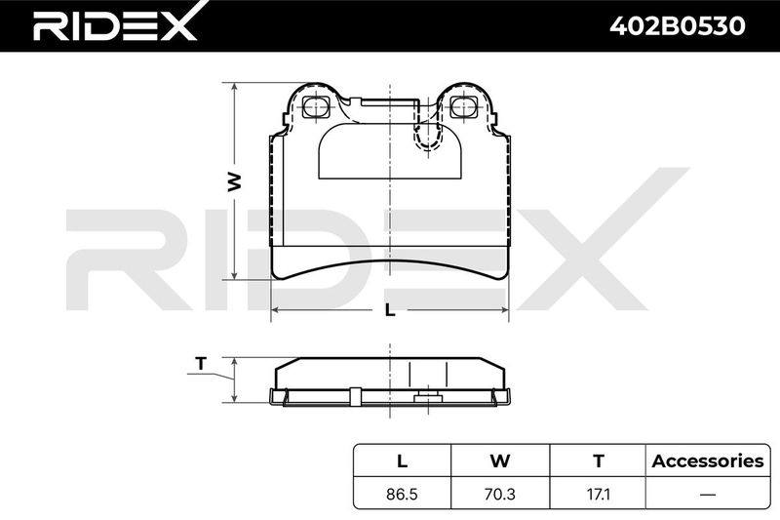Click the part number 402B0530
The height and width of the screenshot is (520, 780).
tap(678, 25)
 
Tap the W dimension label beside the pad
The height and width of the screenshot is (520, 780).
tap(234, 182)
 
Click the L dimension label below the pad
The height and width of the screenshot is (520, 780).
tap(390, 310)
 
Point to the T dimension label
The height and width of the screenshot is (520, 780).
tap(201, 364)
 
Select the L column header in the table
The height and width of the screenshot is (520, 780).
tap(402, 460)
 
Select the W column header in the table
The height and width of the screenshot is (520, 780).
tap(500, 460)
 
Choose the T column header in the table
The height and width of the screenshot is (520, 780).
tap(599, 460)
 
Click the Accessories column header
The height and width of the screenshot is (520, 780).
tap(708, 460)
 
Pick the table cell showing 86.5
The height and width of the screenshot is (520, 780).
tap(402, 494)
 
